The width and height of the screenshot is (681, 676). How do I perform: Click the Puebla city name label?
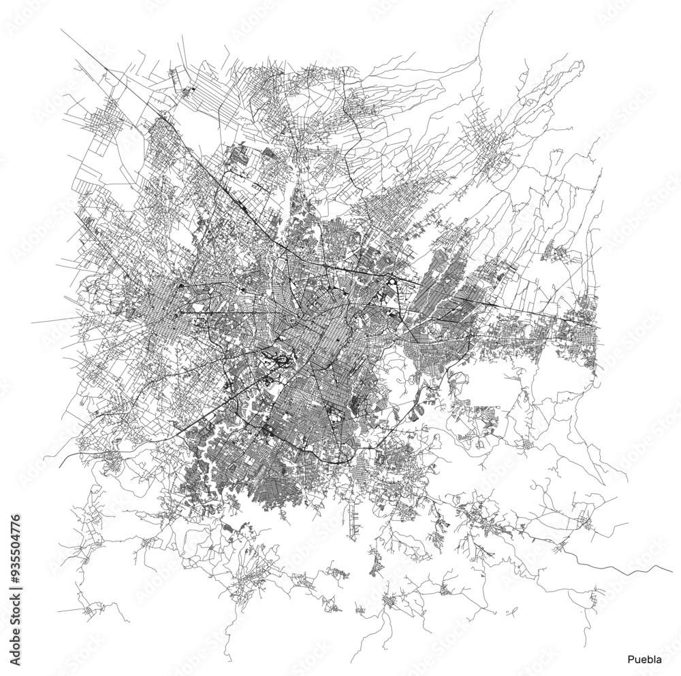point(644,659)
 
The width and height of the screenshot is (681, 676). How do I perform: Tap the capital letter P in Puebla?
point(630,659)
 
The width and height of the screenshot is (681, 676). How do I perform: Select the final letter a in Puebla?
point(657,659)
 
